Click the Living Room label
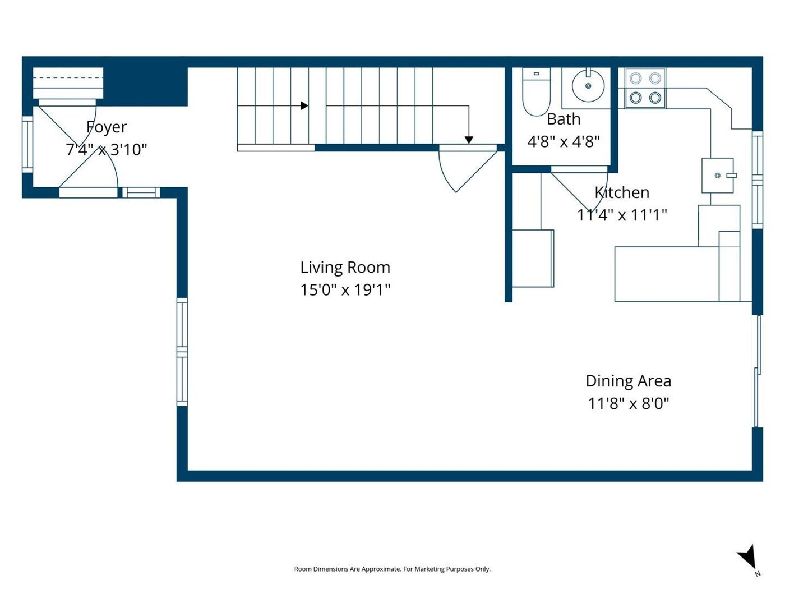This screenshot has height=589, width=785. click(345, 268)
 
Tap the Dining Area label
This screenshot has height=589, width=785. click(629, 381)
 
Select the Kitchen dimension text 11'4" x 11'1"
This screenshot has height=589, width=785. click(622, 215)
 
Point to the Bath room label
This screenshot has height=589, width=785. click(564, 119)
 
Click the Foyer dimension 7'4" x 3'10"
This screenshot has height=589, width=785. click(107, 149)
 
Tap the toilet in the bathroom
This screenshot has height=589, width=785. click(535, 92)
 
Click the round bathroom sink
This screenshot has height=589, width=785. click(588, 86)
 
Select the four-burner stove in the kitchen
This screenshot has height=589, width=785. click(645, 88)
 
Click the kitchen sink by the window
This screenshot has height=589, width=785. click(718, 175)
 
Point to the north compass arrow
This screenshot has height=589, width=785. click(748, 562)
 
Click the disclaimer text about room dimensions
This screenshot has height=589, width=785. click(392, 569)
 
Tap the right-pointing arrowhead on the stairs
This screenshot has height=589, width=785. click(304, 105)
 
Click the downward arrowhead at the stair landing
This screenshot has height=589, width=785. click(469, 140)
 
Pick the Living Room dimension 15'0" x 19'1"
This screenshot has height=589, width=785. click(345, 289)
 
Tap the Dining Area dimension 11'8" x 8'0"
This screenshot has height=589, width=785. click(629, 404)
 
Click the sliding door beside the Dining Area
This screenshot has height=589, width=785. click(758, 371)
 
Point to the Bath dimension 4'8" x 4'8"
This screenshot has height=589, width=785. click(564, 141)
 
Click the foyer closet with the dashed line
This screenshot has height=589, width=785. click(68, 83)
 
